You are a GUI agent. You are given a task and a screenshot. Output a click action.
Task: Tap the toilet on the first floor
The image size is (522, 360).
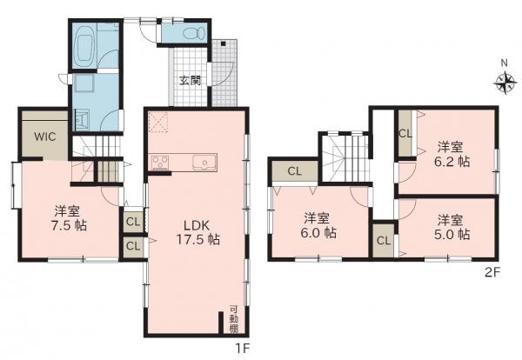click(194, 33)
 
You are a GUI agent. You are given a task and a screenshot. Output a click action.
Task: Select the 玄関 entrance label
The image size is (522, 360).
click(190, 80)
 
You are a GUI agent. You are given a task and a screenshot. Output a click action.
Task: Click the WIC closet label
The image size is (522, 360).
click(45, 137)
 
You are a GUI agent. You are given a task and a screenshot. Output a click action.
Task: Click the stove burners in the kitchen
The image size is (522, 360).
click(160, 163)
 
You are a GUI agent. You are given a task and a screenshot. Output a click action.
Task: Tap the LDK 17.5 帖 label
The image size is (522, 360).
click(197, 232)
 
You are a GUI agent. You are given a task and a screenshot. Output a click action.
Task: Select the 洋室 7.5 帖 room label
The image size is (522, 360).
click(70, 218)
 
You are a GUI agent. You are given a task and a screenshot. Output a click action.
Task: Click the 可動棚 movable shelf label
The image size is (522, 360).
click(234, 319)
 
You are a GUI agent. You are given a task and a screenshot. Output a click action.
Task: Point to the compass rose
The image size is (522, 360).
click(505, 82)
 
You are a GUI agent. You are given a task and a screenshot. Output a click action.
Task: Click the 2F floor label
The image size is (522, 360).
click(492, 273)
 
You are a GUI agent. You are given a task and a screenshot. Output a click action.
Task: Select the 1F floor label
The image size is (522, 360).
click(243, 348)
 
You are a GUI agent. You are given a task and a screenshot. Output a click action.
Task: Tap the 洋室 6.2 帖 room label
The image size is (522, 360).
click(452, 154)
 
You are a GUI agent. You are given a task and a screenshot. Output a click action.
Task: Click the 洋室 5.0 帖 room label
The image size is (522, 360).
click(452, 227)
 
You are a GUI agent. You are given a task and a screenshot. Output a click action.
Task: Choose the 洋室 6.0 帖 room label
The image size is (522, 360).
click(318, 225)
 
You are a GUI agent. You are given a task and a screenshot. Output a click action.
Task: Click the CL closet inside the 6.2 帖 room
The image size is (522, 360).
click(405, 133)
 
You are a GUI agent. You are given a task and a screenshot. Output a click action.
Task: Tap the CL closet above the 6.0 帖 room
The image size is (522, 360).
click(295, 171)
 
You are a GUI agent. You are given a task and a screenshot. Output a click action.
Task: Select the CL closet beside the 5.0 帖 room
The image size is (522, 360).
click(383, 240)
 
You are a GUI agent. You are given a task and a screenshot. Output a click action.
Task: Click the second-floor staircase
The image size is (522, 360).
click(346, 158)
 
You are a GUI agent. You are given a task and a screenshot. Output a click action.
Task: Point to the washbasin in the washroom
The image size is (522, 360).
click(81, 119)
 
